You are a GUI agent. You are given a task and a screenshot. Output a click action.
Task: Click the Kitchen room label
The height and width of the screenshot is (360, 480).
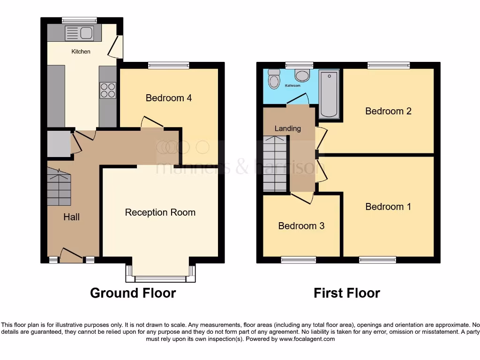pyautogui.click(x=81, y=52)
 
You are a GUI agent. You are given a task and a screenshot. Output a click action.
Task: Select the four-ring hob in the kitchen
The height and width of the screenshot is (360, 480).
pyautogui.click(x=108, y=90)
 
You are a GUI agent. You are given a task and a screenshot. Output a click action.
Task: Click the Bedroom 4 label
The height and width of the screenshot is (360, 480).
pyautogui.click(x=168, y=98)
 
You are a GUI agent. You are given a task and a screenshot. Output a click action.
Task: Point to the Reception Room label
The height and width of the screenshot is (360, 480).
pyautogui.click(x=160, y=212)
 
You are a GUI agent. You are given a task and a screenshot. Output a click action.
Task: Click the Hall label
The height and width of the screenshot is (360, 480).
pyautogui.click(x=71, y=217)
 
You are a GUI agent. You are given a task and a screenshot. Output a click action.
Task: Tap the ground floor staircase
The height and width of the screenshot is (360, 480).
pyautogui.click(x=59, y=188)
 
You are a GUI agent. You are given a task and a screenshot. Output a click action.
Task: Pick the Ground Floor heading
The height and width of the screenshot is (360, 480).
pyautogui.click(x=133, y=293)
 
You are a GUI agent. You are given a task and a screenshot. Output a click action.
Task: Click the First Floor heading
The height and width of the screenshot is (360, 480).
pyautogui.click(x=346, y=293)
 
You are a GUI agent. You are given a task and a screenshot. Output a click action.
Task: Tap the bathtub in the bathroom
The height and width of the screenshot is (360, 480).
pyautogui.click(x=329, y=94)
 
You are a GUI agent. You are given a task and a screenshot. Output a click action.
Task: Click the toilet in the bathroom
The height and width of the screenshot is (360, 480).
pyautogui.click(x=274, y=80)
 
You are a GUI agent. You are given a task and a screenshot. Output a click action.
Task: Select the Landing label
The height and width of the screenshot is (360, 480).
pyautogui.click(x=287, y=128)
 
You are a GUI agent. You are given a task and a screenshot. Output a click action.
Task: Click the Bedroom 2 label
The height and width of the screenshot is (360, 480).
pyautogui.click(x=388, y=111)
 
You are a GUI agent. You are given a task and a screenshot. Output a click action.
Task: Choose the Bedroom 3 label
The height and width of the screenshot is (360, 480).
pyautogui.click(x=301, y=226)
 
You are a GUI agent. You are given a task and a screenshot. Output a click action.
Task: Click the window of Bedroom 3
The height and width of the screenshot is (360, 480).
pyautogui.click(x=299, y=260)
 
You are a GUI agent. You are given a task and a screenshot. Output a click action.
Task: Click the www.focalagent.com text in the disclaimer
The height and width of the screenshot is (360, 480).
pyautogui.click(x=307, y=339)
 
